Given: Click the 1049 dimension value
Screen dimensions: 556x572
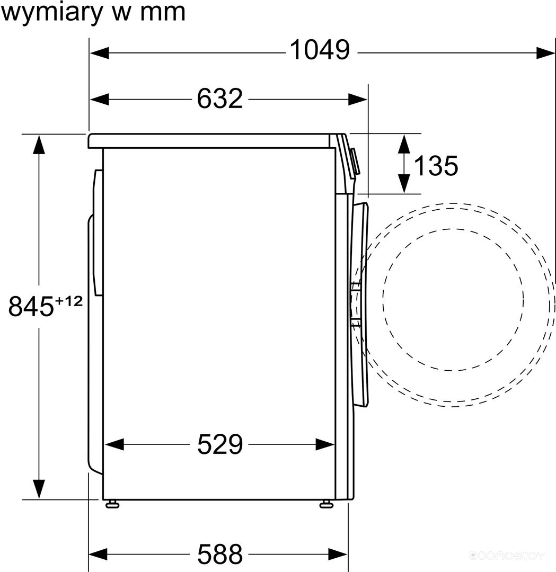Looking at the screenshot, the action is coord(320,50).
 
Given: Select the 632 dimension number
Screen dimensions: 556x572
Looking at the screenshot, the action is coord(220,98).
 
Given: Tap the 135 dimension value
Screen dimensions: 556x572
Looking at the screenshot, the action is coord(436,166).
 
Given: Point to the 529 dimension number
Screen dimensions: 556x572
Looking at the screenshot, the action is coord(220,444).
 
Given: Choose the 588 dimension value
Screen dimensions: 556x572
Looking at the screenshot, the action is coord(220,554).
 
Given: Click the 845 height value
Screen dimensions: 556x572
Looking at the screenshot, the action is coord(31,306).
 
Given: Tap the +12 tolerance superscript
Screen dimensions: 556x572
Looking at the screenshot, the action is coord(69,301).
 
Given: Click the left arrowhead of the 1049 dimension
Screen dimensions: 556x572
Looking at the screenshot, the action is coord(99,53).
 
